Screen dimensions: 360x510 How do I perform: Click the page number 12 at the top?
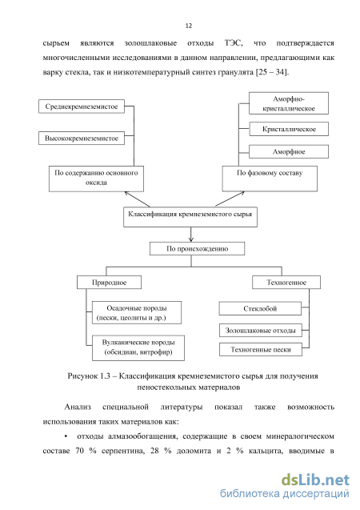pyautogui.click(x=189, y=26)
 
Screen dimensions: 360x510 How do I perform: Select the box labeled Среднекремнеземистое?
pyautogui.click(x=82, y=106)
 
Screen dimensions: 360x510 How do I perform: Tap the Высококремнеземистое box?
pyautogui.click(x=82, y=138)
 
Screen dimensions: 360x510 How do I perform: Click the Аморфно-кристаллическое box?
pyautogui.click(x=289, y=103)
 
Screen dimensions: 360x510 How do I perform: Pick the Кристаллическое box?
pyautogui.click(x=289, y=129)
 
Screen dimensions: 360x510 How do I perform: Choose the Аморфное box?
pyautogui.click(x=289, y=151)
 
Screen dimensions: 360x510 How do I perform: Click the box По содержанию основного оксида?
pyautogui.click(x=96, y=179)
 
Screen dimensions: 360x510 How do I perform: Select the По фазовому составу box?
pyautogui.click(x=270, y=179)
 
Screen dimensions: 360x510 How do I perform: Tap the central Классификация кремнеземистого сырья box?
pyautogui.click(x=190, y=217)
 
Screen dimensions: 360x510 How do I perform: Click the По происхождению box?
pyautogui.click(x=198, y=248)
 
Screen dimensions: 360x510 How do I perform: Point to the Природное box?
pyautogui.click(x=109, y=283)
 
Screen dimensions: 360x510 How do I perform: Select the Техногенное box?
pyautogui.click(x=286, y=283)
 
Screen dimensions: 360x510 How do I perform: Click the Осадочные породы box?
pyautogui.click(x=137, y=312)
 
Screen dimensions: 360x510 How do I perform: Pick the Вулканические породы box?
pyautogui.click(x=138, y=348)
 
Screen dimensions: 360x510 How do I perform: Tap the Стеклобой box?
pyautogui.click(x=260, y=308)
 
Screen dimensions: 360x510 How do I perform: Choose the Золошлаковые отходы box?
pyautogui.click(x=261, y=331)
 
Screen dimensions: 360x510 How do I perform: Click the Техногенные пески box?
pyautogui.click(x=261, y=350)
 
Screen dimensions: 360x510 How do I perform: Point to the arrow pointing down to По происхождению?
pyautogui.click(x=190, y=234)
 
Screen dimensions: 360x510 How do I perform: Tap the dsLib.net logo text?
pyautogui.click(x=315, y=480)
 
